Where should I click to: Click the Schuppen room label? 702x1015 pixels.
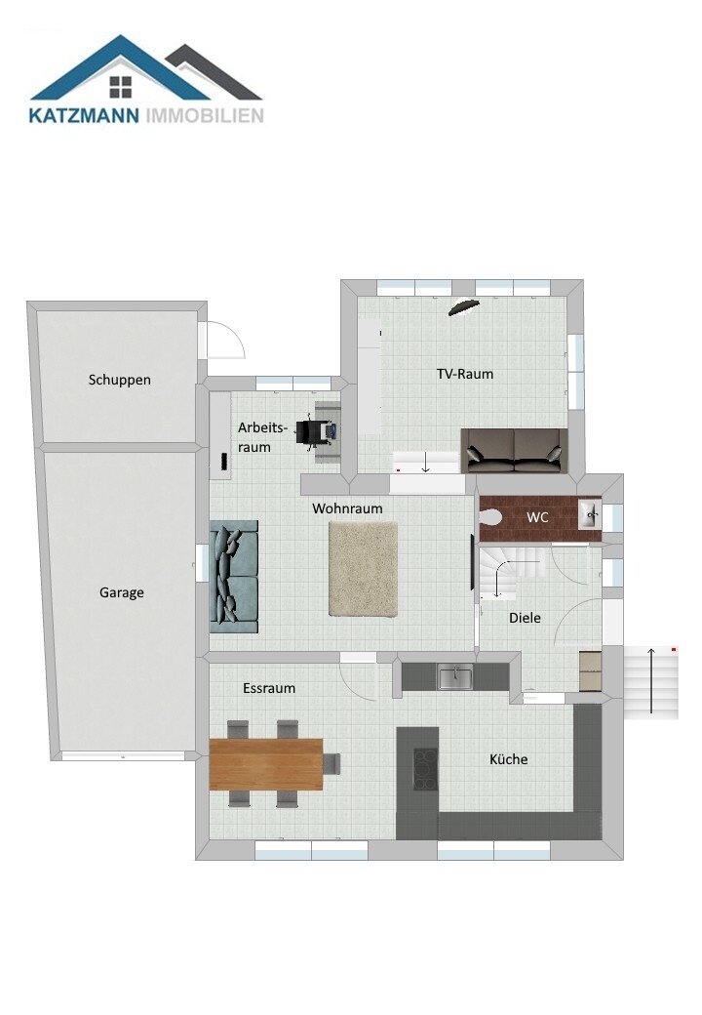[x=120, y=380]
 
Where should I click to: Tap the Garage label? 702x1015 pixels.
[x=122, y=592]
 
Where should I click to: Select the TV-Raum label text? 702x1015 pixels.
[x=465, y=374]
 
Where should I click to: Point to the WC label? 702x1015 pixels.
[x=537, y=516]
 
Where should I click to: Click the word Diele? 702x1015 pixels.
[x=525, y=618]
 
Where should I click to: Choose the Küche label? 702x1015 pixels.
[x=509, y=758]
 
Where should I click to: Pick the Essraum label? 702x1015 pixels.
[x=269, y=688]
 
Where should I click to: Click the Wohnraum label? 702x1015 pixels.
[x=347, y=508]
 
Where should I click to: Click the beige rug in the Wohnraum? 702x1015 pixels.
[x=363, y=569]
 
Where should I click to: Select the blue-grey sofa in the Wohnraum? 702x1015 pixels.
[x=233, y=576]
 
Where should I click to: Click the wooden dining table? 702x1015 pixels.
[x=266, y=764]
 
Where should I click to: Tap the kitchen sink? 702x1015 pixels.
[x=455, y=677]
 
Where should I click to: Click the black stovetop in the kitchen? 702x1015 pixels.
[x=425, y=769]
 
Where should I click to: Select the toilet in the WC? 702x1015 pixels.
[x=491, y=516]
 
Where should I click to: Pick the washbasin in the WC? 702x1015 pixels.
[x=590, y=514]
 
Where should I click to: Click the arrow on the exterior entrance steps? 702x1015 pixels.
[x=651, y=679]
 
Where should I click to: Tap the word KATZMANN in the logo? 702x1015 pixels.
[x=84, y=116]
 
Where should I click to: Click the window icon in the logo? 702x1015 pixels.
[x=120, y=87]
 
